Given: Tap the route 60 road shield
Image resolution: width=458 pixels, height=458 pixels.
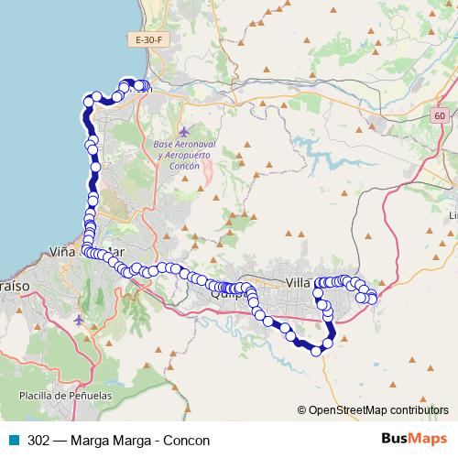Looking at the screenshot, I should point(441,115).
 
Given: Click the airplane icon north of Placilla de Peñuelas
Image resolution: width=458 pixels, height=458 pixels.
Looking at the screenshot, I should point(79,320).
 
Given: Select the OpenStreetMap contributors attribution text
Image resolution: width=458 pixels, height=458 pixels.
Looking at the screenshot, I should point(378,409).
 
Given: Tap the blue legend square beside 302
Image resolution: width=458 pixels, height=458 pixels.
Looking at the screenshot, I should point(13,441).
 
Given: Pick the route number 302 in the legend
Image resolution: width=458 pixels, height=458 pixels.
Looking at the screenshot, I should point(39,441).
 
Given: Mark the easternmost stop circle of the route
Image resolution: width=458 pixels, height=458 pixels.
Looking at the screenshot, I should point(372,299).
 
